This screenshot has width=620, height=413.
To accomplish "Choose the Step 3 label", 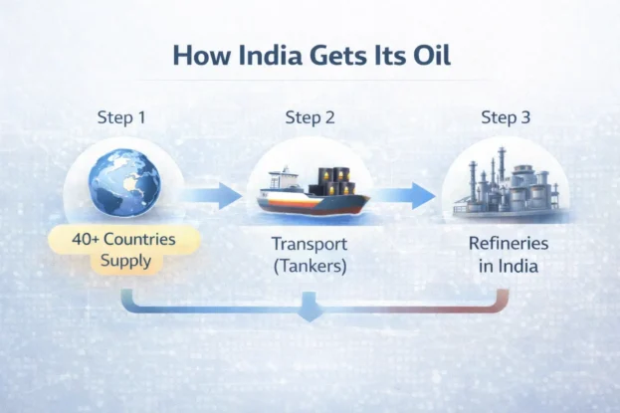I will pyautogui.click(x=507, y=117).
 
